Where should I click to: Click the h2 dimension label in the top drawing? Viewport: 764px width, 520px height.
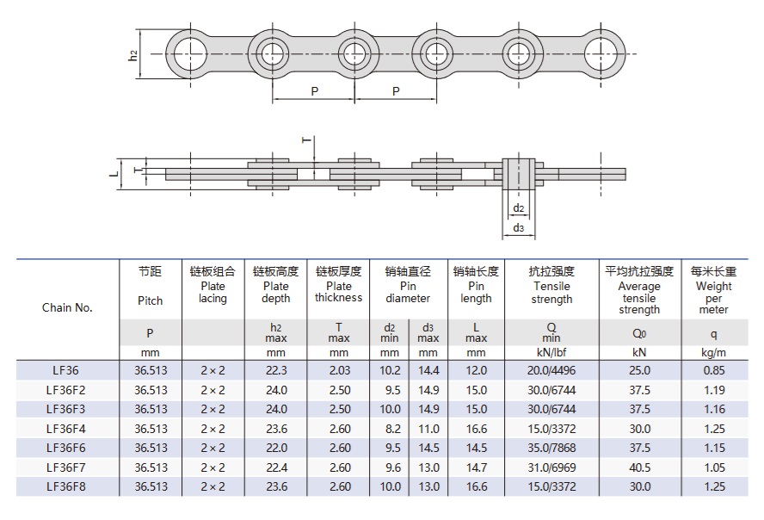tap(132, 55)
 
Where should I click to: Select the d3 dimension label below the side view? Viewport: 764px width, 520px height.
tap(518, 228)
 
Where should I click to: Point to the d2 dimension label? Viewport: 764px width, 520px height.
tap(518, 209)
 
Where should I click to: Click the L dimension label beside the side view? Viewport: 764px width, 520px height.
tap(114, 173)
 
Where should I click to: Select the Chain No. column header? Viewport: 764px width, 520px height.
tap(67, 307)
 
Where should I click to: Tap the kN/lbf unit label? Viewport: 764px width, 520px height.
tap(551, 353)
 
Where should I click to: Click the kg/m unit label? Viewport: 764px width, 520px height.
tap(713, 353)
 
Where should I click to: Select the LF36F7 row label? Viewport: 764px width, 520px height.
tap(67, 467)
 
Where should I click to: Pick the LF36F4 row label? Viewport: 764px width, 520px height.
tap(67, 428)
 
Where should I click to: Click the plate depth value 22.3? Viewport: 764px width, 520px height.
tap(275, 370)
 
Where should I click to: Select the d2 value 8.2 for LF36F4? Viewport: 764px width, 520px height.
tap(390, 428)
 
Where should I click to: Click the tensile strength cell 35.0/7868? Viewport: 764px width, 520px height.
tap(551, 448)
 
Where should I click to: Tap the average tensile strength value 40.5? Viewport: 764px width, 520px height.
tap(639, 467)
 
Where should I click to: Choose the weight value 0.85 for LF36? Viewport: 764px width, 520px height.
tap(713, 370)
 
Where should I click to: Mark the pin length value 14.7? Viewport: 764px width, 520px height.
tap(476, 467)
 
